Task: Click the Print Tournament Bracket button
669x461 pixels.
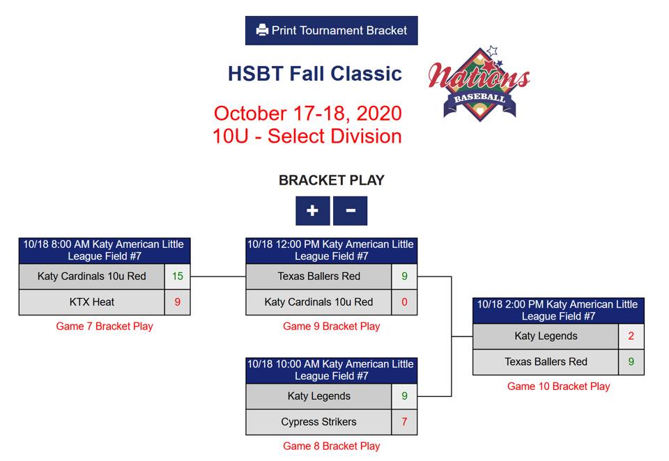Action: tap(332, 30)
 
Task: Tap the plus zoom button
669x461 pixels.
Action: tap(313, 211)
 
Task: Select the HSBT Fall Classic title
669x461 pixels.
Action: tap(315, 73)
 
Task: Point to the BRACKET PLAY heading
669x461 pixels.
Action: tap(332, 180)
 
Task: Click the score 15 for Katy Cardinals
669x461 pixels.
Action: tap(178, 276)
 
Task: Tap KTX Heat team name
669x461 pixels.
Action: tap(92, 302)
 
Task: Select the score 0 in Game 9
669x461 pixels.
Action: tap(404, 302)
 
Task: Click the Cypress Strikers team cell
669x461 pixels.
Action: tap(318, 422)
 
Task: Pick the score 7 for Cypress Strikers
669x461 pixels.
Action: tap(404, 422)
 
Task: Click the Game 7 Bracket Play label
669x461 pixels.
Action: tap(105, 326)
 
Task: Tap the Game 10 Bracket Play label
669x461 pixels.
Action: tap(558, 386)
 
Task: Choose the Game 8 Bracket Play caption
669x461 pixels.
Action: tap(332, 446)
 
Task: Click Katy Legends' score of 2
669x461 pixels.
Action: tap(631, 336)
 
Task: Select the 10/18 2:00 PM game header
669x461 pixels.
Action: tap(558, 311)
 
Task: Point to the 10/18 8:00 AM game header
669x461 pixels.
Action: tap(105, 250)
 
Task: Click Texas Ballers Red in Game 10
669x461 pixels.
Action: tap(546, 362)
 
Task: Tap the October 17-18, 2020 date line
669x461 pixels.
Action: tap(307, 114)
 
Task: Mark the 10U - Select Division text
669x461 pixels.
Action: tap(307, 136)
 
